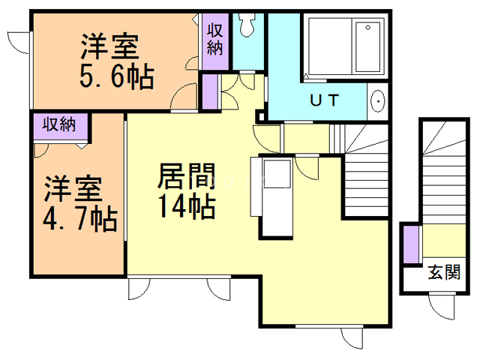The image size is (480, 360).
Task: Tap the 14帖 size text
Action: click(x=186, y=205)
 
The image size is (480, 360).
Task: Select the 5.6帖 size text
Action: click(x=116, y=76)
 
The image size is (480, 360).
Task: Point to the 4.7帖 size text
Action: click(x=78, y=218)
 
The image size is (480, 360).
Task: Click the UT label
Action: click(x=324, y=100)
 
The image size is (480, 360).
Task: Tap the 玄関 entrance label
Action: click(x=443, y=272)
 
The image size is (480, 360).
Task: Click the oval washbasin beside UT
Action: click(x=378, y=100)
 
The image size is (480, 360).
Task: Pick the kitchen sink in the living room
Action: click(x=275, y=174)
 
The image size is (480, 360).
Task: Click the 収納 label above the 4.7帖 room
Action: click(x=60, y=124)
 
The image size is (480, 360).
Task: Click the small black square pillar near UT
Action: click(x=260, y=116)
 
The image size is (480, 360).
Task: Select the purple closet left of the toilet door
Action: click(x=209, y=90)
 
